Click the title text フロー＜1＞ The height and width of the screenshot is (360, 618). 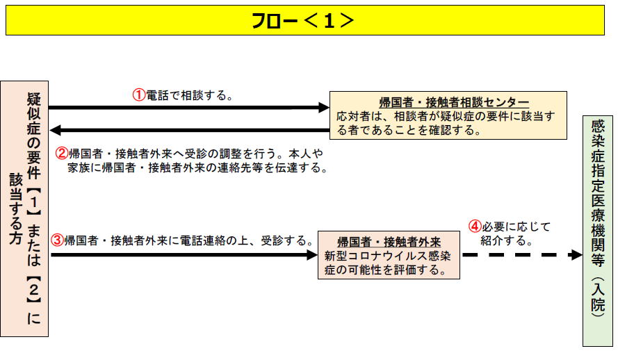click(x=302, y=20)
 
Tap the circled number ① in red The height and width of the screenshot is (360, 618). click(x=139, y=95)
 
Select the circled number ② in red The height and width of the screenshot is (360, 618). click(x=61, y=153)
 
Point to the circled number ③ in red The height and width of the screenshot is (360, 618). click(x=58, y=240)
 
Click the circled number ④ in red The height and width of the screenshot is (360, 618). click(x=475, y=227)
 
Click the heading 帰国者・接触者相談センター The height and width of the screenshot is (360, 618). click(x=454, y=102)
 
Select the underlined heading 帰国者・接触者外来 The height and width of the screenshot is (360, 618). click(x=389, y=241)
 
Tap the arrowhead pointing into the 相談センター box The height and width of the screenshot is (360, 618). click(x=324, y=107)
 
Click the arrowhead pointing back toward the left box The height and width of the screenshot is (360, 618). click(x=55, y=130)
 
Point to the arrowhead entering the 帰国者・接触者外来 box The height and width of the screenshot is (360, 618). click(x=313, y=255)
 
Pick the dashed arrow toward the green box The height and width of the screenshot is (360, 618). click(x=522, y=255)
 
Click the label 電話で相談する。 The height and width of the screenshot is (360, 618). click(x=190, y=95)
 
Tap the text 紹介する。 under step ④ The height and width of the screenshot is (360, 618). click(x=507, y=240)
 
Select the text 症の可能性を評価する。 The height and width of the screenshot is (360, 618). click(x=386, y=270)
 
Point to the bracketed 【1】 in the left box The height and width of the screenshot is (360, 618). click(x=34, y=202)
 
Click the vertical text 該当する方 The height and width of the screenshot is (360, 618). click(x=16, y=208)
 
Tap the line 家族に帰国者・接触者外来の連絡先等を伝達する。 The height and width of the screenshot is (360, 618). click(x=197, y=167)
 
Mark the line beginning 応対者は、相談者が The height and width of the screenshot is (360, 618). click(x=446, y=116)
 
